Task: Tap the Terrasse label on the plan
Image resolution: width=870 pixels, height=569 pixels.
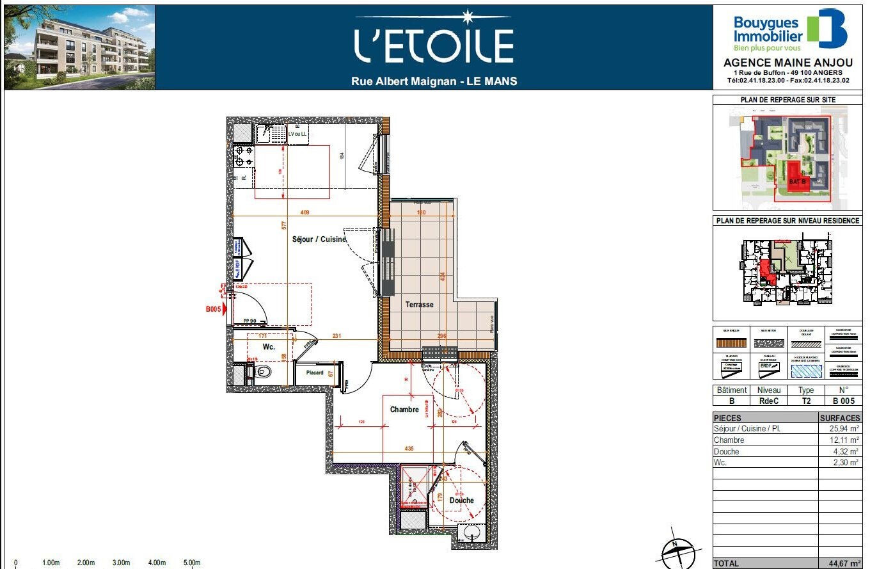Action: pos(419,305)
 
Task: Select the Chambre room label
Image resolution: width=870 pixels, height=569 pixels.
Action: pos(404,410)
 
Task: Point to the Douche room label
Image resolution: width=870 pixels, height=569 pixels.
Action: pos(461,501)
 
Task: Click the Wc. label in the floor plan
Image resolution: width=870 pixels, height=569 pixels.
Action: pos(269,347)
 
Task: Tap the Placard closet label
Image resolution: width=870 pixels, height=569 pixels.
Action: pos(315,373)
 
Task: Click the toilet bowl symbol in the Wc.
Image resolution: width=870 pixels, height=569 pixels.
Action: pos(262,371)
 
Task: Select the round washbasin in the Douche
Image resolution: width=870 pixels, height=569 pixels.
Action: pos(471,533)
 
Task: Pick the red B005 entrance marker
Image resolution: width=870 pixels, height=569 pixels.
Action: pos(215,309)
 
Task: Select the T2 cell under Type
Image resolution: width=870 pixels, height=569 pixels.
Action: pos(806,401)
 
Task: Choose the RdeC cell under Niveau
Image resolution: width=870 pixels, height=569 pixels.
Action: pos(769,401)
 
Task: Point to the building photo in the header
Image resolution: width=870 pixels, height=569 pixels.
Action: pos(79,47)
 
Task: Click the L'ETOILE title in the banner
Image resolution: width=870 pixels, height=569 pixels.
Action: pos(434,45)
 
